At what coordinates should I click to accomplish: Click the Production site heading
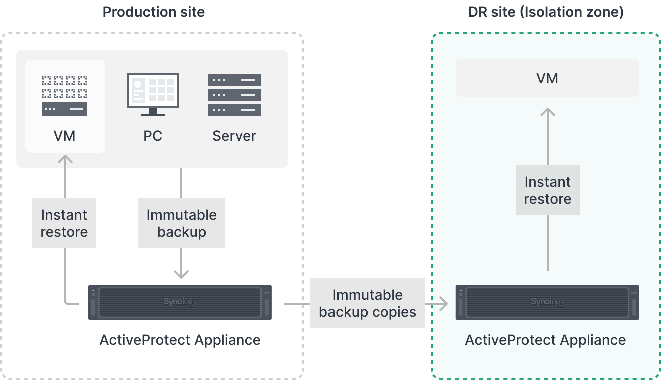tap(154, 12)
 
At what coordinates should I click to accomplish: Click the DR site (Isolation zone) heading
tap(546, 12)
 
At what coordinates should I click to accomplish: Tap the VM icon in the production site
tap(65, 95)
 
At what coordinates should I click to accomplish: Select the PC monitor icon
tap(153, 94)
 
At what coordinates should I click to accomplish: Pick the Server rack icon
tap(234, 94)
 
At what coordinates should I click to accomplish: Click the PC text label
tap(153, 136)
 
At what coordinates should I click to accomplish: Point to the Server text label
tap(234, 136)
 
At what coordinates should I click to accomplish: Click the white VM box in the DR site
tap(547, 78)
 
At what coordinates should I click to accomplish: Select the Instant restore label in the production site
tap(64, 223)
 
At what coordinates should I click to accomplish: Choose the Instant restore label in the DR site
tap(547, 190)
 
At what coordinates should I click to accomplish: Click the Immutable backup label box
tap(182, 223)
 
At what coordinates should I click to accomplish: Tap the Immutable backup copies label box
tap(368, 303)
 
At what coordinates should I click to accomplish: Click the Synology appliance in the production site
tap(180, 302)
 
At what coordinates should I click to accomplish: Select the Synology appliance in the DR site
tap(547, 302)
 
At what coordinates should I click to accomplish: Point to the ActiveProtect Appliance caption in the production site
tap(180, 340)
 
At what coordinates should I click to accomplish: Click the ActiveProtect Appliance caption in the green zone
tap(546, 340)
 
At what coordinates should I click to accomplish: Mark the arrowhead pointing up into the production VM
tap(65, 159)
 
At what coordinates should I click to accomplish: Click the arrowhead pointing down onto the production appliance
tap(181, 274)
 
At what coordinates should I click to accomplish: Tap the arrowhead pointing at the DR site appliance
tap(443, 303)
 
